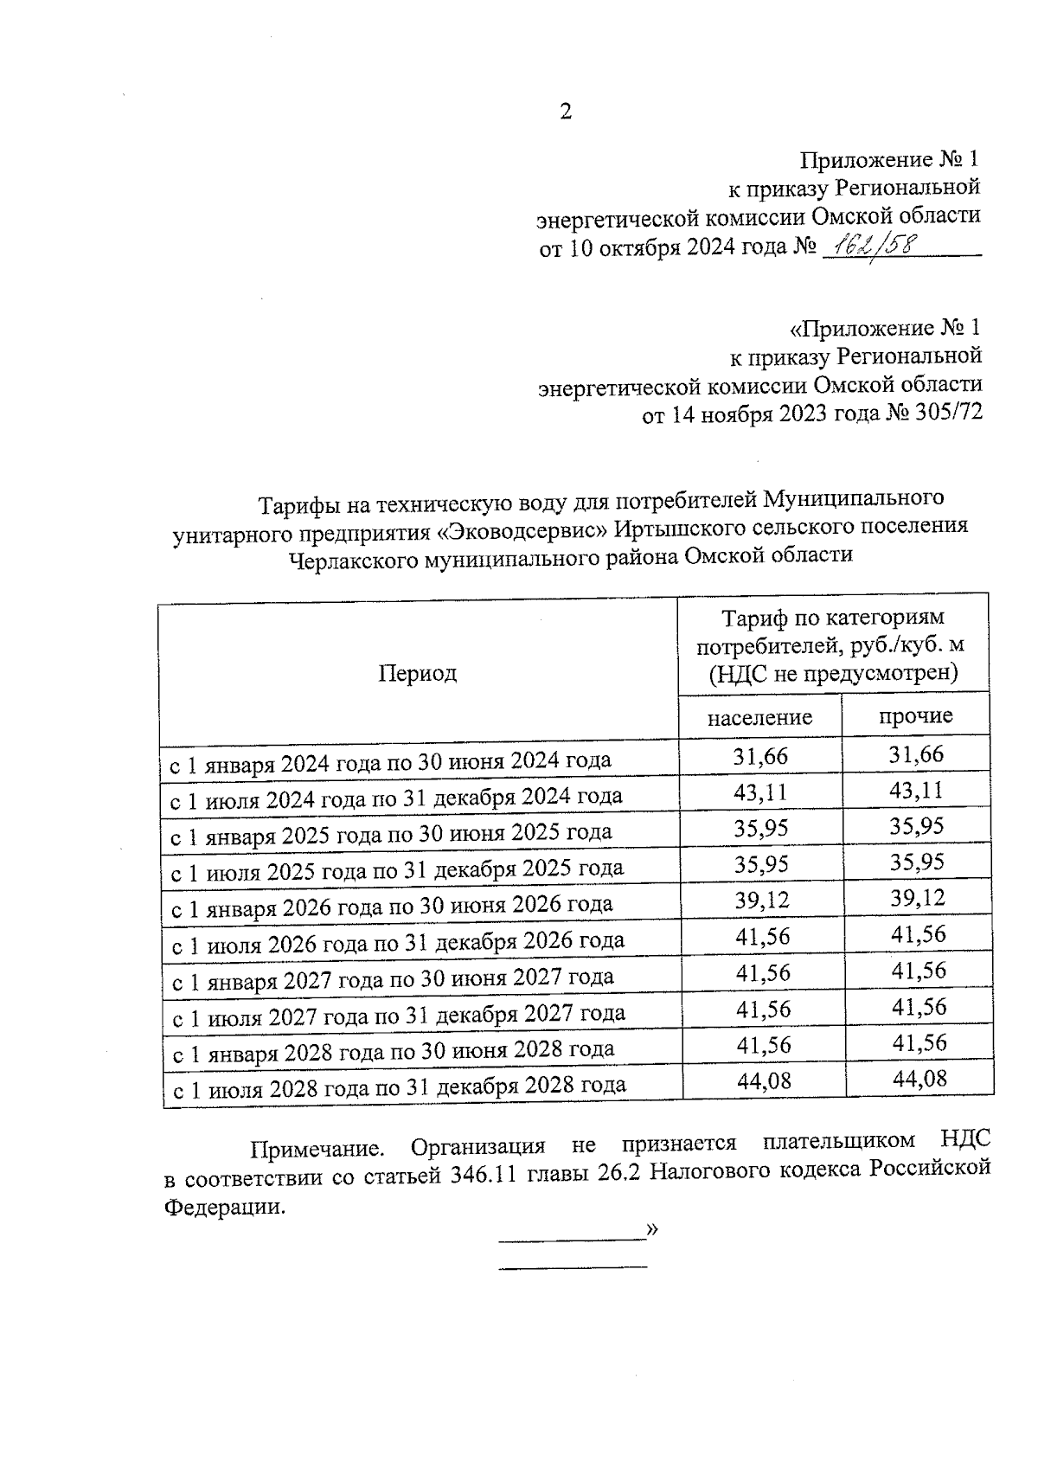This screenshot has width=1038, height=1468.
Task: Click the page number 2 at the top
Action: tap(566, 112)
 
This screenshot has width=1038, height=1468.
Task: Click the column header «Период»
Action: tap(417, 673)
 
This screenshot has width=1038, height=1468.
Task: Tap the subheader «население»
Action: tap(759, 717)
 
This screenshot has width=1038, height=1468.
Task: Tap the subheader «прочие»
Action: tap(915, 715)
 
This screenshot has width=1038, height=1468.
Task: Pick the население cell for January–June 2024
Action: tap(761, 756)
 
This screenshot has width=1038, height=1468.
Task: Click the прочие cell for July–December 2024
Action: tap(917, 791)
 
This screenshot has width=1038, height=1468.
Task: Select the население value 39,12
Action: tap(762, 900)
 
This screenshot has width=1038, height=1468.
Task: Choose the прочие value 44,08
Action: tap(919, 1079)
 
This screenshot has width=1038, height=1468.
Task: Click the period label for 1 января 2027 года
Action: tap(393, 978)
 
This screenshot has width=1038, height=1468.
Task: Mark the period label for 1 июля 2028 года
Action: tap(399, 1086)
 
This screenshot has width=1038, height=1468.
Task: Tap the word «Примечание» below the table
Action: tap(317, 1149)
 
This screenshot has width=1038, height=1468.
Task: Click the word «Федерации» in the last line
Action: tap(223, 1207)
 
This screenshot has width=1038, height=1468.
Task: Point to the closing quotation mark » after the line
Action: tap(651, 1229)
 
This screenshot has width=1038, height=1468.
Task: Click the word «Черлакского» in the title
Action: tap(352, 556)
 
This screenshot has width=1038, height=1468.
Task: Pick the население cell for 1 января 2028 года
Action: tap(763, 1045)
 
